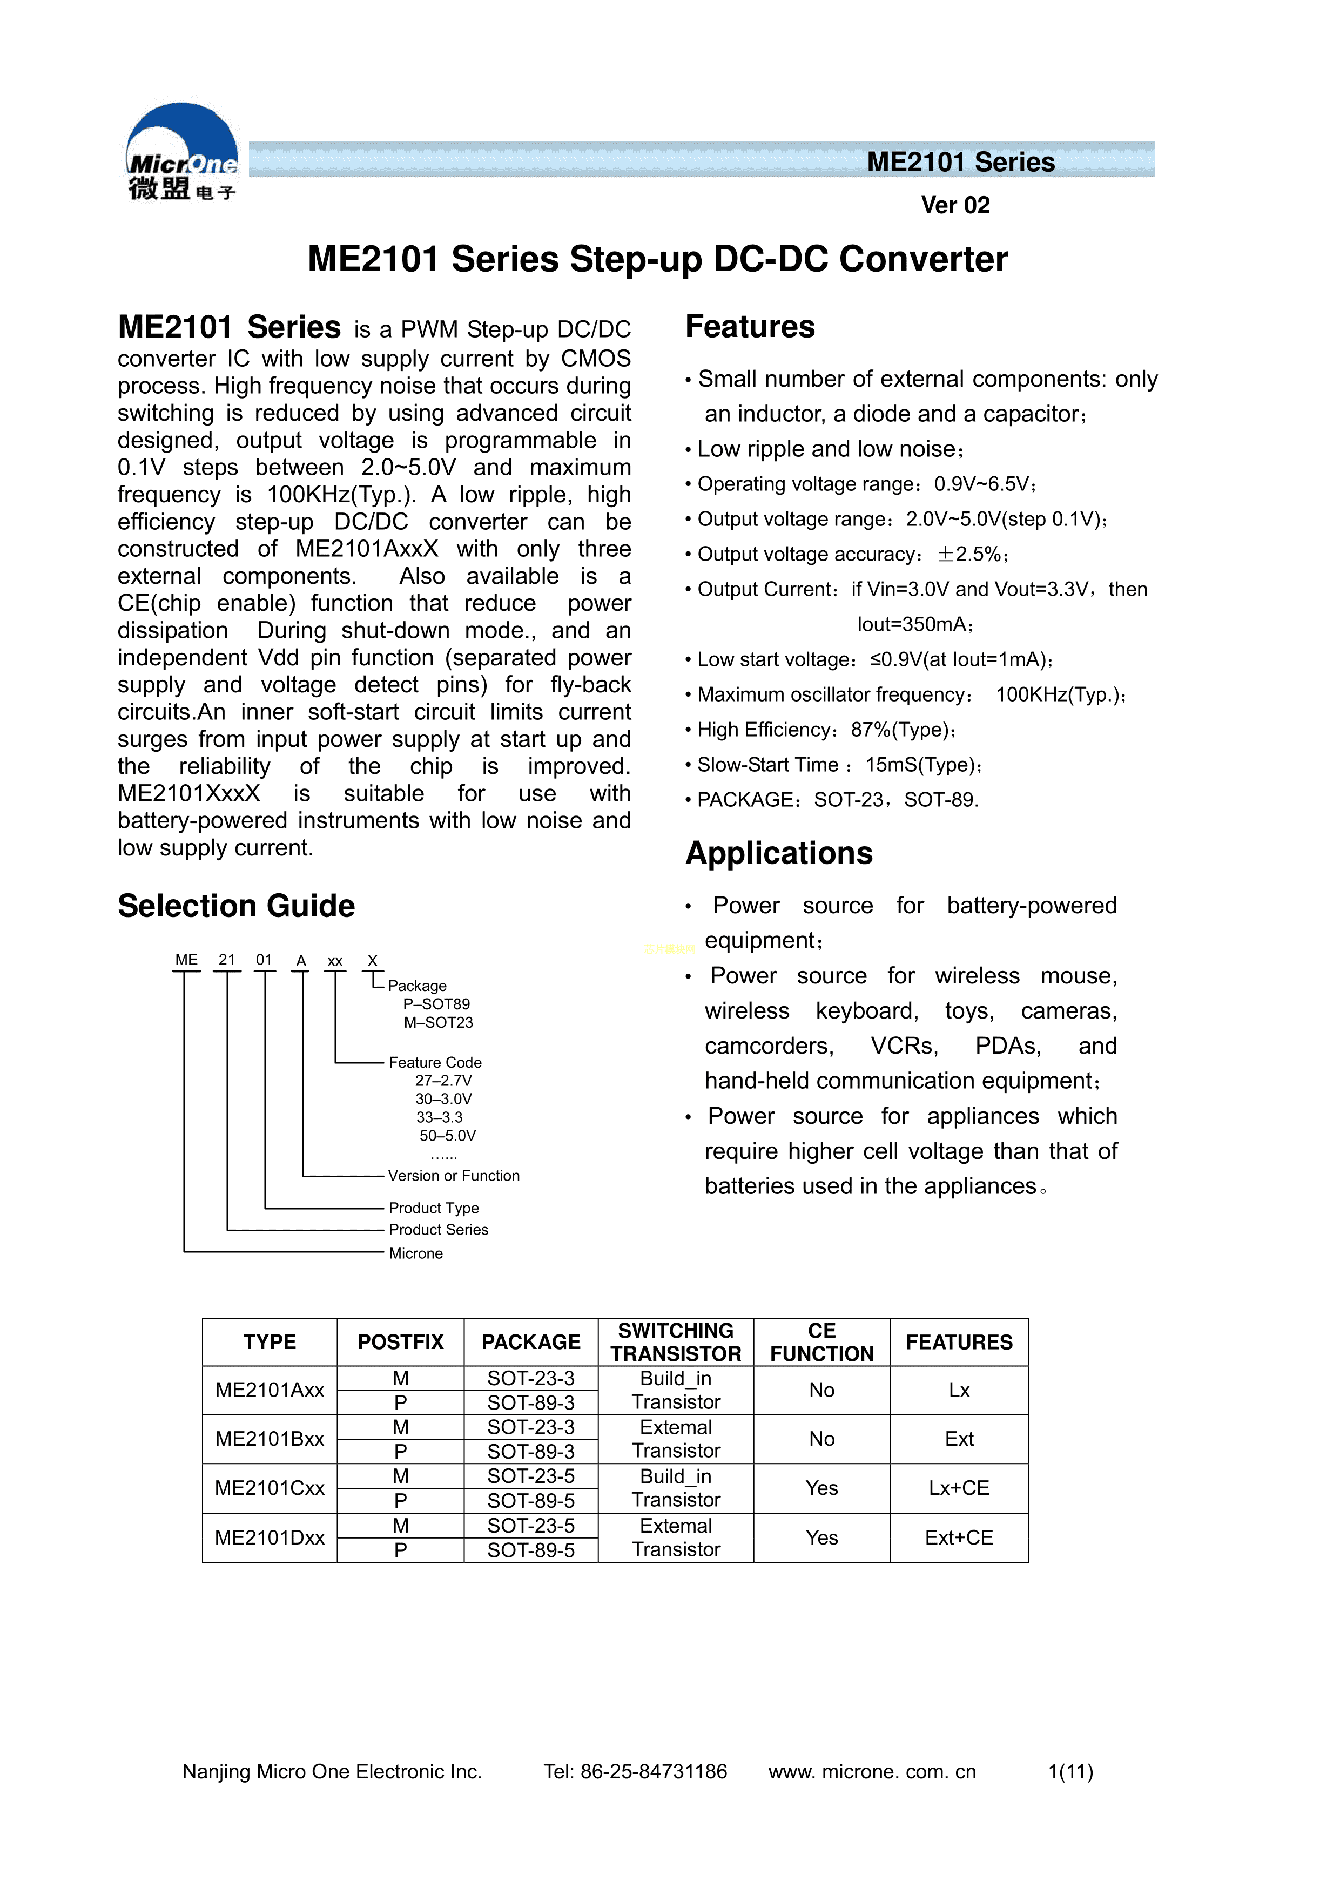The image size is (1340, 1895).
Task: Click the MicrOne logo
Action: pyautogui.click(x=181, y=153)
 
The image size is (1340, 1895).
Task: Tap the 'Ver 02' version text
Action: pyautogui.click(x=955, y=205)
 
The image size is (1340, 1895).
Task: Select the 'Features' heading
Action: pyautogui.click(x=750, y=327)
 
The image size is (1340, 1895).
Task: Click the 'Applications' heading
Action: pyautogui.click(x=779, y=853)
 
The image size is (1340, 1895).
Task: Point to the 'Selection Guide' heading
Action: pyautogui.click(x=236, y=906)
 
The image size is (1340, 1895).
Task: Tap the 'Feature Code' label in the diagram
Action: pyautogui.click(x=435, y=1062)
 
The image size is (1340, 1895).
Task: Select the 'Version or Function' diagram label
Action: pyautogui.click(x=454, y=1175)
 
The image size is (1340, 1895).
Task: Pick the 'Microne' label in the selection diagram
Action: pyautogui.click(x=416, y=1253)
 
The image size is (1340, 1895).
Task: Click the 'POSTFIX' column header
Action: pyautogui.click(x=400, y=1342)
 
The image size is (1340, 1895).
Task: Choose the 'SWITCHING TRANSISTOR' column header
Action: pyautogui.click(x=675, y=1342)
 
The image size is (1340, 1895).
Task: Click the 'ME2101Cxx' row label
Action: pyautogui.click(x=270, y=1488)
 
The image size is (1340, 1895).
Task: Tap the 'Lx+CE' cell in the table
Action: pyautogui.click(x=959, y=1488)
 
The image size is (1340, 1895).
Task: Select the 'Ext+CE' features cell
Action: pyautogui.click(x=959, y=1537)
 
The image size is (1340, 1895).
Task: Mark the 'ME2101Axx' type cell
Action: pyautogui.click(x=270, y=1390)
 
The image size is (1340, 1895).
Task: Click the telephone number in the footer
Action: pyautogui.click(x=635, y=1771)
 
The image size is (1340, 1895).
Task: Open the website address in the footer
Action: pyautogui.click(x=872, y=1771)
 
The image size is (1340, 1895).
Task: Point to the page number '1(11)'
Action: pyautogui.click(x=1070, y=1771)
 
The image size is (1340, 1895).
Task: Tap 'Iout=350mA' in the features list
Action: pyautogui.click(x=914, y=624)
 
